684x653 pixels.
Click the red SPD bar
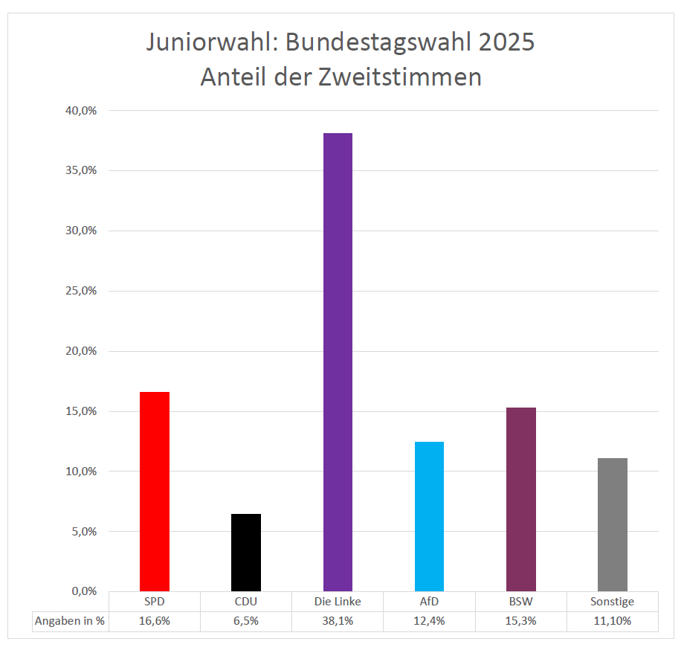coord(155,491)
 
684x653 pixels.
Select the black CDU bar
coord(246,552)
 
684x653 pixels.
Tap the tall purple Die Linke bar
coord(338,361)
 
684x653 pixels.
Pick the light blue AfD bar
coord(429,516)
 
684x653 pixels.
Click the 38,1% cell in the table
coord(338,621)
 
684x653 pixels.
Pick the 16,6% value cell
coord(155,621)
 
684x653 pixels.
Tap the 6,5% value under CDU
coord(246,621)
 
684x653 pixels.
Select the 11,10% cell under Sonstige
coord(613,621)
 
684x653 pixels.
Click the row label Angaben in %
coord(70,621)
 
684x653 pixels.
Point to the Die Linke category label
coord(338,601)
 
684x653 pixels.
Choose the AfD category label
coord(429,601)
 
